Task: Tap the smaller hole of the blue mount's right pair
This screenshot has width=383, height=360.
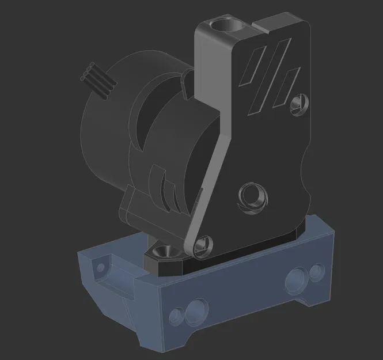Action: (x=317, y=271)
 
